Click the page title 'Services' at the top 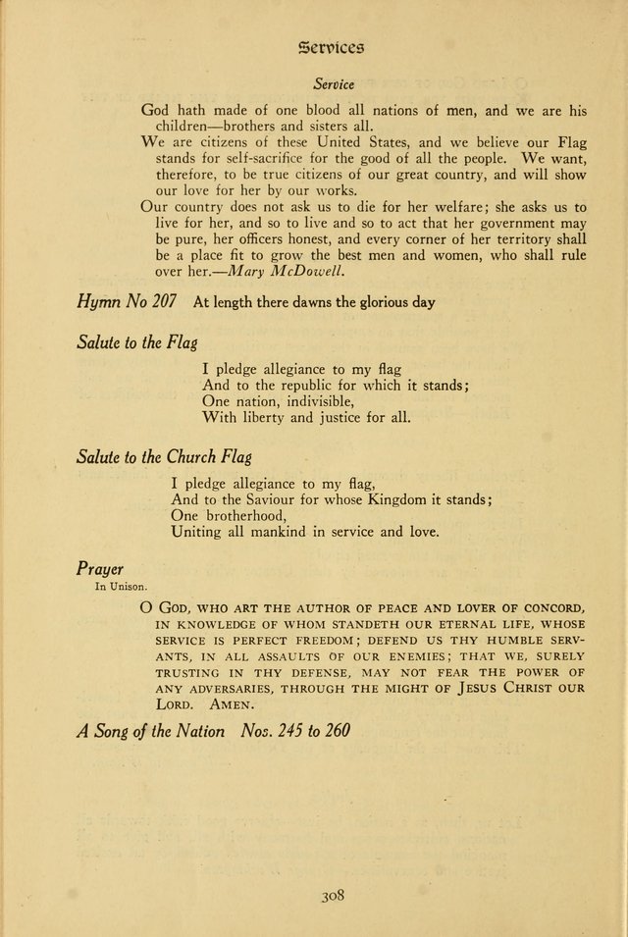pyautogui.click(x=329, y=45)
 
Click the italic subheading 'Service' pyautogui.click(x=334, y=85)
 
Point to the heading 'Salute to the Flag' pyautogui.click(x=136, y=342)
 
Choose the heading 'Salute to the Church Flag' pyautogui.click(x=164, y=456)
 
